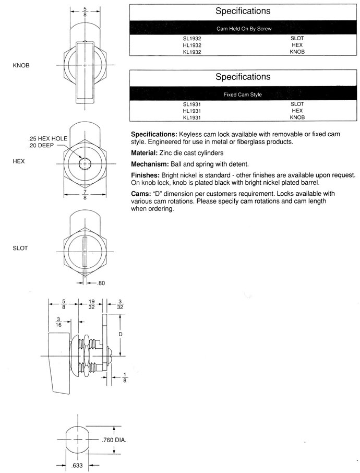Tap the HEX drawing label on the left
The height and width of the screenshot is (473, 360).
pyautogui.click(x=19, y=162)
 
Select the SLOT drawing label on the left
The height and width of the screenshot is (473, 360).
pyautogui.click(x=20, y=248)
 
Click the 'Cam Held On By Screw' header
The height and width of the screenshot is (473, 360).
pyautogui.click(x=244, y=28)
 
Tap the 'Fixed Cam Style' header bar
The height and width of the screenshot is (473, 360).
pyautogui.click(x=244, y=94)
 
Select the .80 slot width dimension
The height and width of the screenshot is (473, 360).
pyautogui.click(x=101, y=283)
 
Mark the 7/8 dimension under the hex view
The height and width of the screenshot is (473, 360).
pyautogui.click(x=85, y=196)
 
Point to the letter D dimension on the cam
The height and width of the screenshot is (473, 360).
pyautogui.click(x=121, y=333)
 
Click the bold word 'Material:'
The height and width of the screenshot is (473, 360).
pyautogui.click(x=146, y=152)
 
